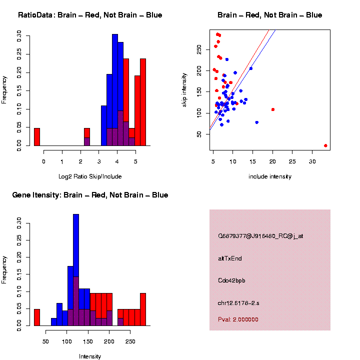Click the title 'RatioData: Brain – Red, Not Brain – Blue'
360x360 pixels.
[x=90, y=15]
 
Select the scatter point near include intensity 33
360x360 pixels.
[x=325, y=145]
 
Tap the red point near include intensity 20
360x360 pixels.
[x=273, y=109]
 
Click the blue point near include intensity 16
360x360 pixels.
[x=257, y=122]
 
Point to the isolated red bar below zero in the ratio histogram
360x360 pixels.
[x=37, y=137]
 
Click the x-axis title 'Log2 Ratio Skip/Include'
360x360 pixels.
[x=89, y=176]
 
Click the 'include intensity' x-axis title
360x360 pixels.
[x=270, y=176]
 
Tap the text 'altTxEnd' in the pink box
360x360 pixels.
[x=230, y=258]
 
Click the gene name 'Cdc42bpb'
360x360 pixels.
[x=231, y=280]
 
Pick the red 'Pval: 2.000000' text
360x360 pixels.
[x=238, y=319]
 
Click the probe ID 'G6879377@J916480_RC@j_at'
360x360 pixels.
[x=253, y=236]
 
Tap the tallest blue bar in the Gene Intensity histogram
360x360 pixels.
[x=76, y=270]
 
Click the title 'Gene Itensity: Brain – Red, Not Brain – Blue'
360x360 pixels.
[x=90, y=195]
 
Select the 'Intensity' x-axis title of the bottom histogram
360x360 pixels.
[x=90, y=356]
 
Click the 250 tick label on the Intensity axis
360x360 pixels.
[x=129, y=342]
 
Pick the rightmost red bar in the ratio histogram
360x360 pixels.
[x=143, y=102]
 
